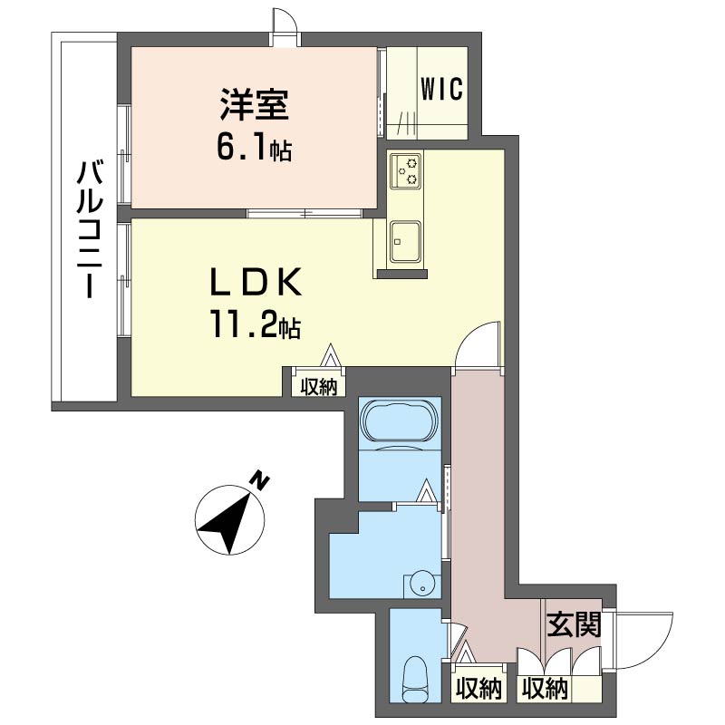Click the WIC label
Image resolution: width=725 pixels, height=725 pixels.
(441, 89)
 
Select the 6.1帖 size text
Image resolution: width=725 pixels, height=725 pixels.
(254, 148)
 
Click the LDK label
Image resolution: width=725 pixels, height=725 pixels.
(256, 282)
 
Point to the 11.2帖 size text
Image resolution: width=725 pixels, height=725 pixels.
(256, 324)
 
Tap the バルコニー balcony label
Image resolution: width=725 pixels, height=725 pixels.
(90, 229)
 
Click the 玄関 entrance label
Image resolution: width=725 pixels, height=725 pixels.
(574, 624)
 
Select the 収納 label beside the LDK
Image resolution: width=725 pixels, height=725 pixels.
(319, 387)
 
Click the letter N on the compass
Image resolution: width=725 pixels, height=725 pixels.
(260, 480)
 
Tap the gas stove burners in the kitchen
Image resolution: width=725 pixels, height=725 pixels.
(406, 170)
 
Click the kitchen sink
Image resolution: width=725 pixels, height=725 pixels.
(405, 242)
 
